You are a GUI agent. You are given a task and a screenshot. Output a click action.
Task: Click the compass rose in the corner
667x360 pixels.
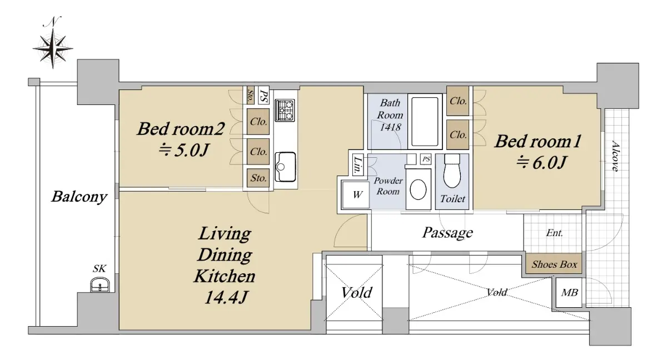[x=53, y=48]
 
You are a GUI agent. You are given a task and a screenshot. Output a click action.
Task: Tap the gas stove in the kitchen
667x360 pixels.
[x=285, y=111]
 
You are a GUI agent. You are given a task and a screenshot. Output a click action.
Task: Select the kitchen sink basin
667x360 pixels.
[x=285, y=167]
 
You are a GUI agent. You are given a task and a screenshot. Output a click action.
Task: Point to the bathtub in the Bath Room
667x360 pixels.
[x=425, y=121]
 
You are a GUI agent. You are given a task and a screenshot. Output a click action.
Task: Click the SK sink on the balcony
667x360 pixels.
[x=99, y=285]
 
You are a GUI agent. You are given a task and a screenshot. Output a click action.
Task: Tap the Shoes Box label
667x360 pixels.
[x=555, y=264]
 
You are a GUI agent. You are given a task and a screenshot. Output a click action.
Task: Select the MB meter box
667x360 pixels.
[x=569, y=293]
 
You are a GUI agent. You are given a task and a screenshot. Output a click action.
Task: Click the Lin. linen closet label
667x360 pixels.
[x=357, y=164]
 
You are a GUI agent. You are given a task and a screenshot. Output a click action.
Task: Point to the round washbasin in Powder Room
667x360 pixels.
[x=418, y=189]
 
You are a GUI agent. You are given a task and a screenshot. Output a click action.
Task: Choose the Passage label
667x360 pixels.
[x=447, y=233]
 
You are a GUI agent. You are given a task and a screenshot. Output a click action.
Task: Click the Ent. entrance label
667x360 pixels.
[x=555, y=233]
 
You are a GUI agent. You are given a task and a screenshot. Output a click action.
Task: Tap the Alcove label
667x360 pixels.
[x=615, y=156]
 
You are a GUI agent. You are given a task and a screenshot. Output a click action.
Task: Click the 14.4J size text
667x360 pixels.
[x=226, y=297]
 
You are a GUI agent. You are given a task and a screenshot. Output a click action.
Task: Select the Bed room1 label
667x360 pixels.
[x=538, y=141]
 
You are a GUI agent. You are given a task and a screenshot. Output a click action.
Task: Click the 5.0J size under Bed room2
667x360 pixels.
[x=184, y=150]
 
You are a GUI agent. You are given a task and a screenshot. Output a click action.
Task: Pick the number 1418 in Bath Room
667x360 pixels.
[x=390, y=127]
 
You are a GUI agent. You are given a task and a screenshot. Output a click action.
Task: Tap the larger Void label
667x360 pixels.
[x=356, y=292]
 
